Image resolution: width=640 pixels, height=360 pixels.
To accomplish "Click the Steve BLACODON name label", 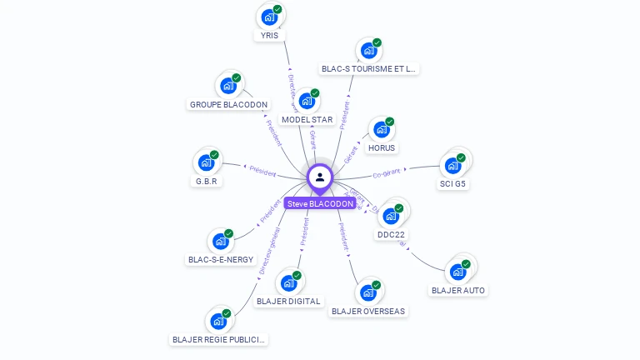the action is click(320, 203).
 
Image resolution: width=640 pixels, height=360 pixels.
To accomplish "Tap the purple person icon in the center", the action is click(320, 177).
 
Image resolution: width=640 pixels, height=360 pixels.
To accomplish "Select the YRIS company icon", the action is click(269, 17).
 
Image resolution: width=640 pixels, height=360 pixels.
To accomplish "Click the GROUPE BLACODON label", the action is click(228, 105).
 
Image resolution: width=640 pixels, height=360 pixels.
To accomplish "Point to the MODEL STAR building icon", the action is click(307, 102).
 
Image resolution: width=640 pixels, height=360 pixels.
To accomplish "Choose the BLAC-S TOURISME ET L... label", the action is click(368, 69).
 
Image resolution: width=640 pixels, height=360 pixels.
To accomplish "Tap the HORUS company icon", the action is click(382, 130).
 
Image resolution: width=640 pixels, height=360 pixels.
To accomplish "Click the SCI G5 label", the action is click(453, 183).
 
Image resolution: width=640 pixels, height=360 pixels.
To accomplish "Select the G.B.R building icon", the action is click(206, 162).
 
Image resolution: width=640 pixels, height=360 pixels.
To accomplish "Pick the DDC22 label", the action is click(391, 235).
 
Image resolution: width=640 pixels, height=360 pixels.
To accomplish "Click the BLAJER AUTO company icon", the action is click(457, 272).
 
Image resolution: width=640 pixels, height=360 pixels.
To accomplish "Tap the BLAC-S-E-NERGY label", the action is click(221, 259).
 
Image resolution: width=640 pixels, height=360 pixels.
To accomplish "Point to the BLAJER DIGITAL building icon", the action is click(288, 282).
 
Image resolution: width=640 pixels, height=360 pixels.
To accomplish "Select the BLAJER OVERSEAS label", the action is click(368, 312).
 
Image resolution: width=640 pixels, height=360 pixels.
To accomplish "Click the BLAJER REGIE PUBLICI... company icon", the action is click(218, 321).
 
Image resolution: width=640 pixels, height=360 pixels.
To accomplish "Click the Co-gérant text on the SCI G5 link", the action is click(387, 173).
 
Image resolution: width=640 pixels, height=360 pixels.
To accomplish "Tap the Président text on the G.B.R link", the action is click(262, 170).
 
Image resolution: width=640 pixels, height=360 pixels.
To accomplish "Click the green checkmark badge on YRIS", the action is click(277, 9).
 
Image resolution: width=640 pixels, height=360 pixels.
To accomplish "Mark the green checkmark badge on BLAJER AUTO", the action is click(466, 264).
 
